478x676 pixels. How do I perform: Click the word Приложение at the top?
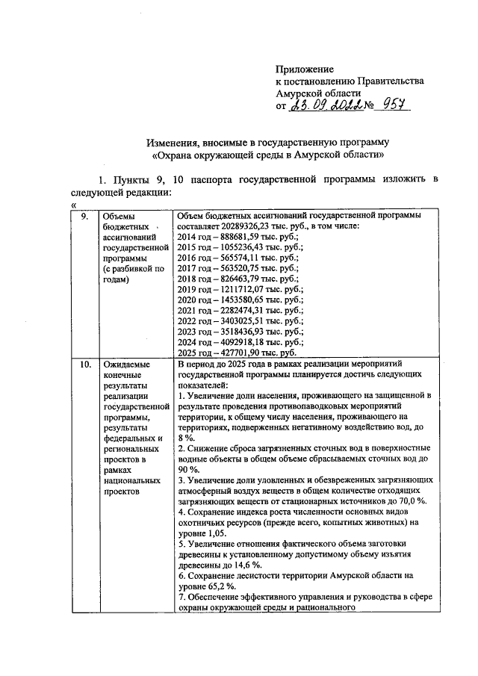[305, 68]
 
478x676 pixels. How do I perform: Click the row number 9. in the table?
[84, 216]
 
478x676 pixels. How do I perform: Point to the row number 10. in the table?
[85, 364]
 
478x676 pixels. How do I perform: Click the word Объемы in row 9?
[118, 216]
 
